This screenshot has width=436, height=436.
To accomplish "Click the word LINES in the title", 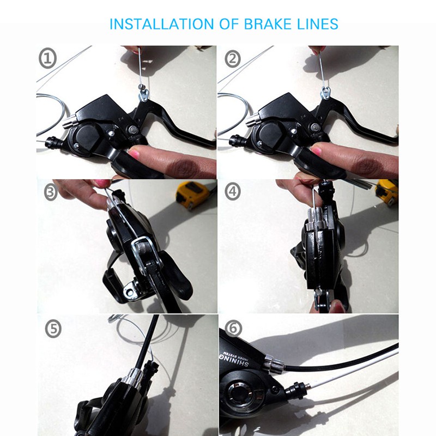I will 317,25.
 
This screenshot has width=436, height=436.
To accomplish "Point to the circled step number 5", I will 55,329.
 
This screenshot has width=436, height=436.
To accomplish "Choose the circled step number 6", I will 233,329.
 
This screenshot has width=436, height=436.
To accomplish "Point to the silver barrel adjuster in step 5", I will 133,376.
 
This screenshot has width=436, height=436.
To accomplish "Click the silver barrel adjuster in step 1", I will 69,123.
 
